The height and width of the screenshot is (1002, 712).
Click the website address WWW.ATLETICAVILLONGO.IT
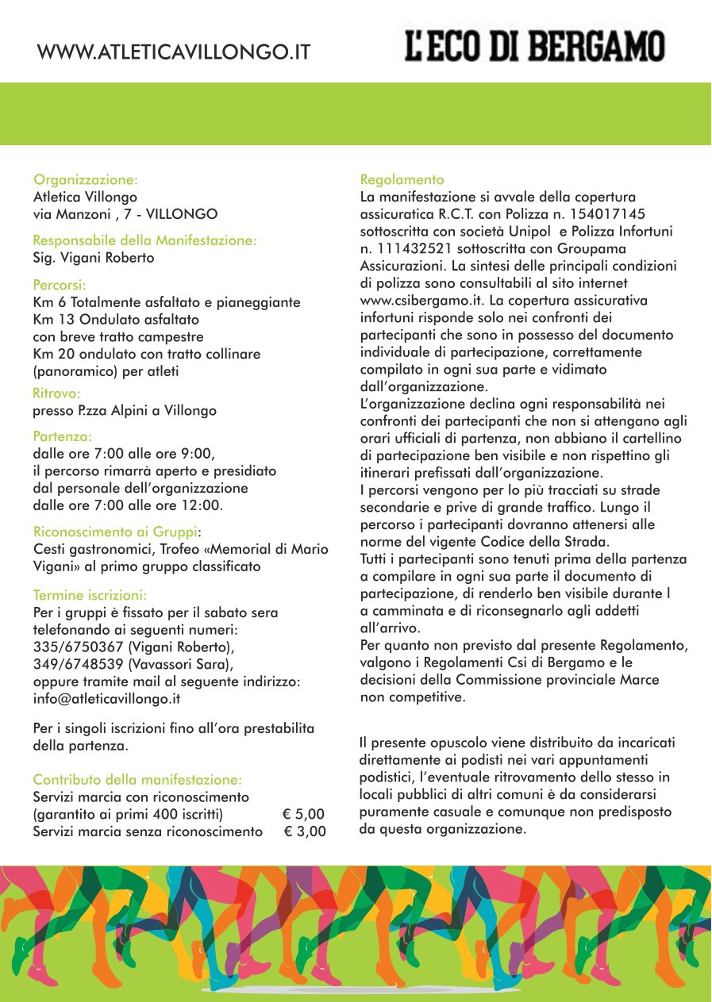click(173, 53)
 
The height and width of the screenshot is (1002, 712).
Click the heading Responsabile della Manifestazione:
click(144, 240)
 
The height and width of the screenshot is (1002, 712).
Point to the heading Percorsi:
click(60, 285)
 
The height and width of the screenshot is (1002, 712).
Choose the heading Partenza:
click(63, 436)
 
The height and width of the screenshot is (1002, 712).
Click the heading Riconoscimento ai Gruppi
click(115, 532)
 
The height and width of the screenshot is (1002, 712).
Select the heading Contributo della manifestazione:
click(137, 780)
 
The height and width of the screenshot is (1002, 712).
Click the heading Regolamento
click(402, 179)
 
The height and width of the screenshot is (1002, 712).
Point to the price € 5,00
click(303, 814)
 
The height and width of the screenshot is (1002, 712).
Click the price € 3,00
click(305, 831)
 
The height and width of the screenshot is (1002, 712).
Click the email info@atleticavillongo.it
click(107, 699)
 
